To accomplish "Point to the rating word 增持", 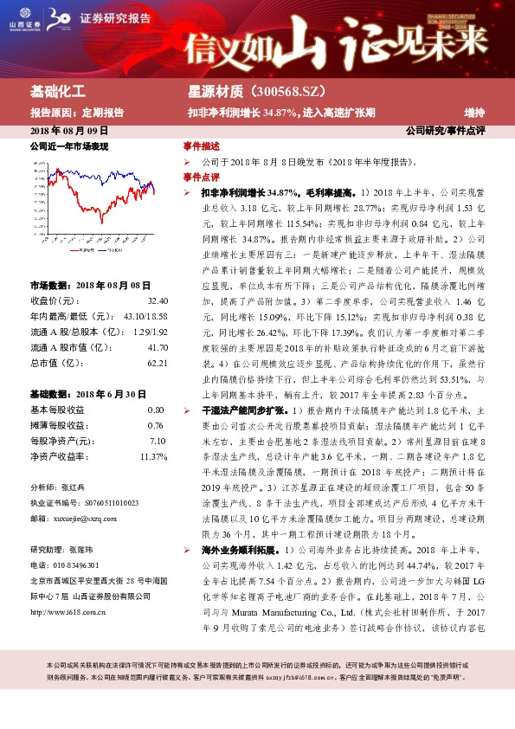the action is click(x=473, y=112).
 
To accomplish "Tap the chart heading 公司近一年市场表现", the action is click(x=69, y=147).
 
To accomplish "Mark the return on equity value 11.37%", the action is click(x=154, y=456).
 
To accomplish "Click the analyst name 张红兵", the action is click(x=75, y=487).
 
